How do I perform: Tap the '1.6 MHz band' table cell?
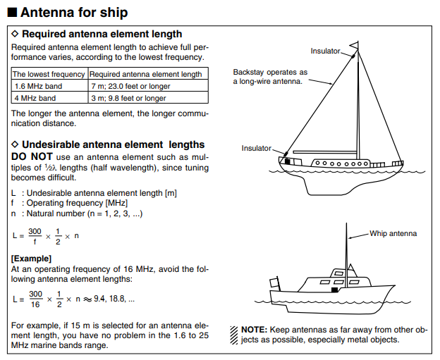[35, 86]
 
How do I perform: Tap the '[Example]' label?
[31, 259]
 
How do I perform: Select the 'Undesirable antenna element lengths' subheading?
[113, 144]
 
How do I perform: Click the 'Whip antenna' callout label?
[393, 233]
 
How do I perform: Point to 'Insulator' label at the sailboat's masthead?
[325, 51]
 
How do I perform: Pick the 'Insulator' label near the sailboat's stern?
[256, 148]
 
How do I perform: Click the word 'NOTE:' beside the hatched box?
[253, 330]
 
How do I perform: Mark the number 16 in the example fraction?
[35, 304]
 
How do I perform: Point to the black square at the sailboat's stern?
[287, 161]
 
